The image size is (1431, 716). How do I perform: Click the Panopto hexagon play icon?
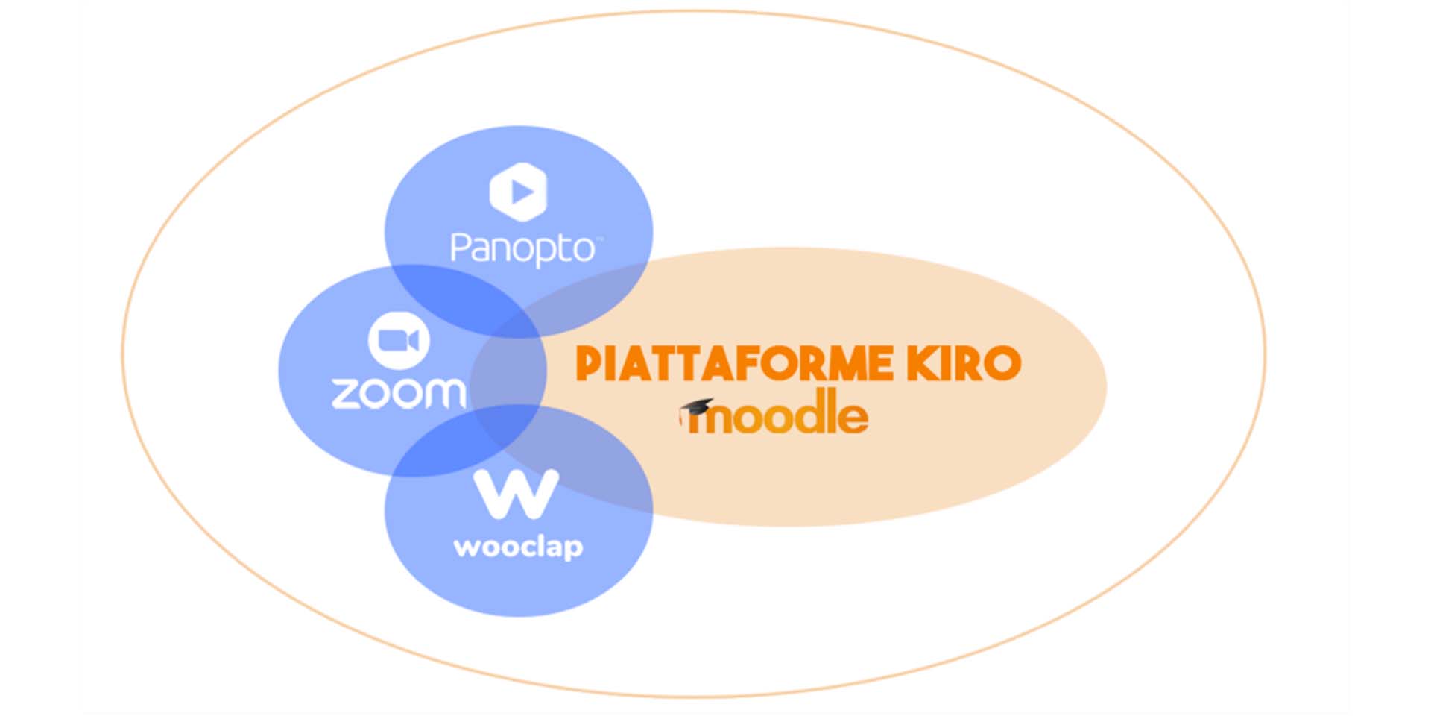tap(518, 192)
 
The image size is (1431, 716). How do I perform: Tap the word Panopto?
tap(522, 248)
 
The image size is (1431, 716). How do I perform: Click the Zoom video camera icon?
tap(399, 341)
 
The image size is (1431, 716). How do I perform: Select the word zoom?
tap(399, 392)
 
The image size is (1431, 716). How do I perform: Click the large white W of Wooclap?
tap(517, 493)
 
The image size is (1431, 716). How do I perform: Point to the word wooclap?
tap(518, 547)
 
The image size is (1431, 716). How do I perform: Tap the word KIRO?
tap(964, 364)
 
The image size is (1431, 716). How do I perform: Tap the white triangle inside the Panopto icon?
tap(521, 192)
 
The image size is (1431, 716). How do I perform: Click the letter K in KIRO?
tap(922, 364)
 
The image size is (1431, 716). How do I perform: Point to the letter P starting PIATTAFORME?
tap(589, 365)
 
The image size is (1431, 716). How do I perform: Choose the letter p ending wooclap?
tap(571, 549)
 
